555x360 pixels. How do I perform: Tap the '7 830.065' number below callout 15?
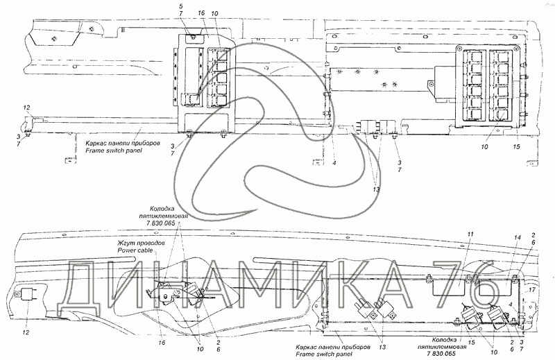click(x=473, y=354)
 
